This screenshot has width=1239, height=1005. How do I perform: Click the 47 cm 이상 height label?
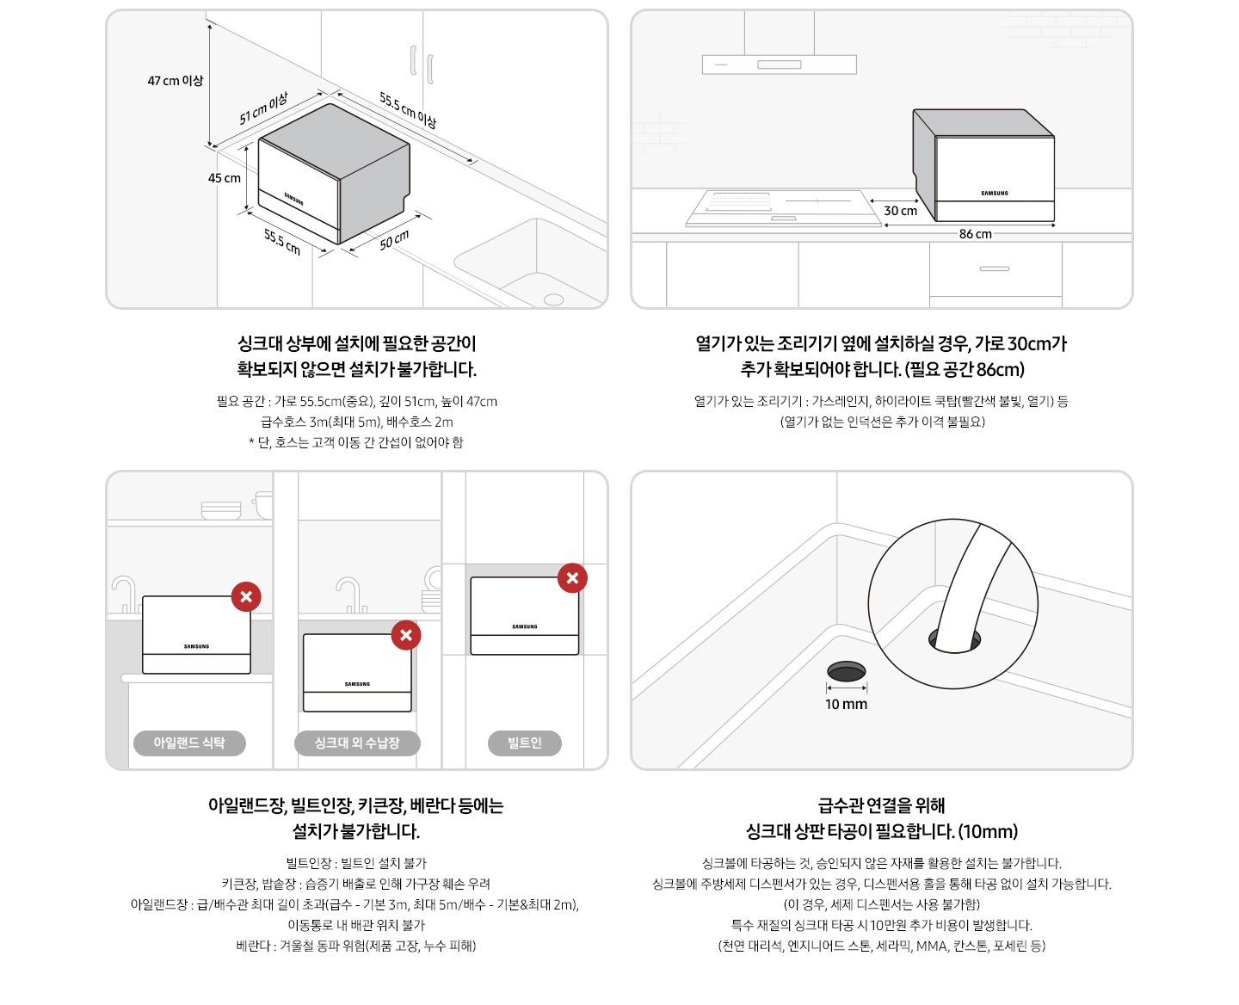pos(175,81)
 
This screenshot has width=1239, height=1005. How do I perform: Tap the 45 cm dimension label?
pos(224,178)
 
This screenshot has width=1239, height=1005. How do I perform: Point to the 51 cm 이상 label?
pos(263,109)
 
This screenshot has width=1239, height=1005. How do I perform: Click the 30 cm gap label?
pos(900,211)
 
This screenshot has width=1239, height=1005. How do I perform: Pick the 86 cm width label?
pos(975,234)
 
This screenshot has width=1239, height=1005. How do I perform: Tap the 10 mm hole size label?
pos(846,705)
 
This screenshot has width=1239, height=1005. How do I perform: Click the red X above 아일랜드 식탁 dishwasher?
pos(246,596)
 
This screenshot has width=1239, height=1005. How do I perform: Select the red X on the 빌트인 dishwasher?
pos(572,578)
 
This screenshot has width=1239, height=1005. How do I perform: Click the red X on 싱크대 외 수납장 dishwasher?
pos(406,636)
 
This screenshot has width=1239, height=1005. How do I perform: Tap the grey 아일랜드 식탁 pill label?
pos(189,743)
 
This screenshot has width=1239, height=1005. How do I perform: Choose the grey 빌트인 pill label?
pos(524,743)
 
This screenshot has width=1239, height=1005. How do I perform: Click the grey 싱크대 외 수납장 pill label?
pos(356,743)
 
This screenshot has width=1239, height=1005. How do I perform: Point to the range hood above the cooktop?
pos(779,64)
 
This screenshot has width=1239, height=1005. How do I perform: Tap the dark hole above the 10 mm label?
pos(846,671)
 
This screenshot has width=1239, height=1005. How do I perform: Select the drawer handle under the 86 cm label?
pos(994,268)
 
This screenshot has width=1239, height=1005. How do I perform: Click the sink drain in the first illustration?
pos(553,299)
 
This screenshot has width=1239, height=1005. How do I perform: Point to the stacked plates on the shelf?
pos(221,510)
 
